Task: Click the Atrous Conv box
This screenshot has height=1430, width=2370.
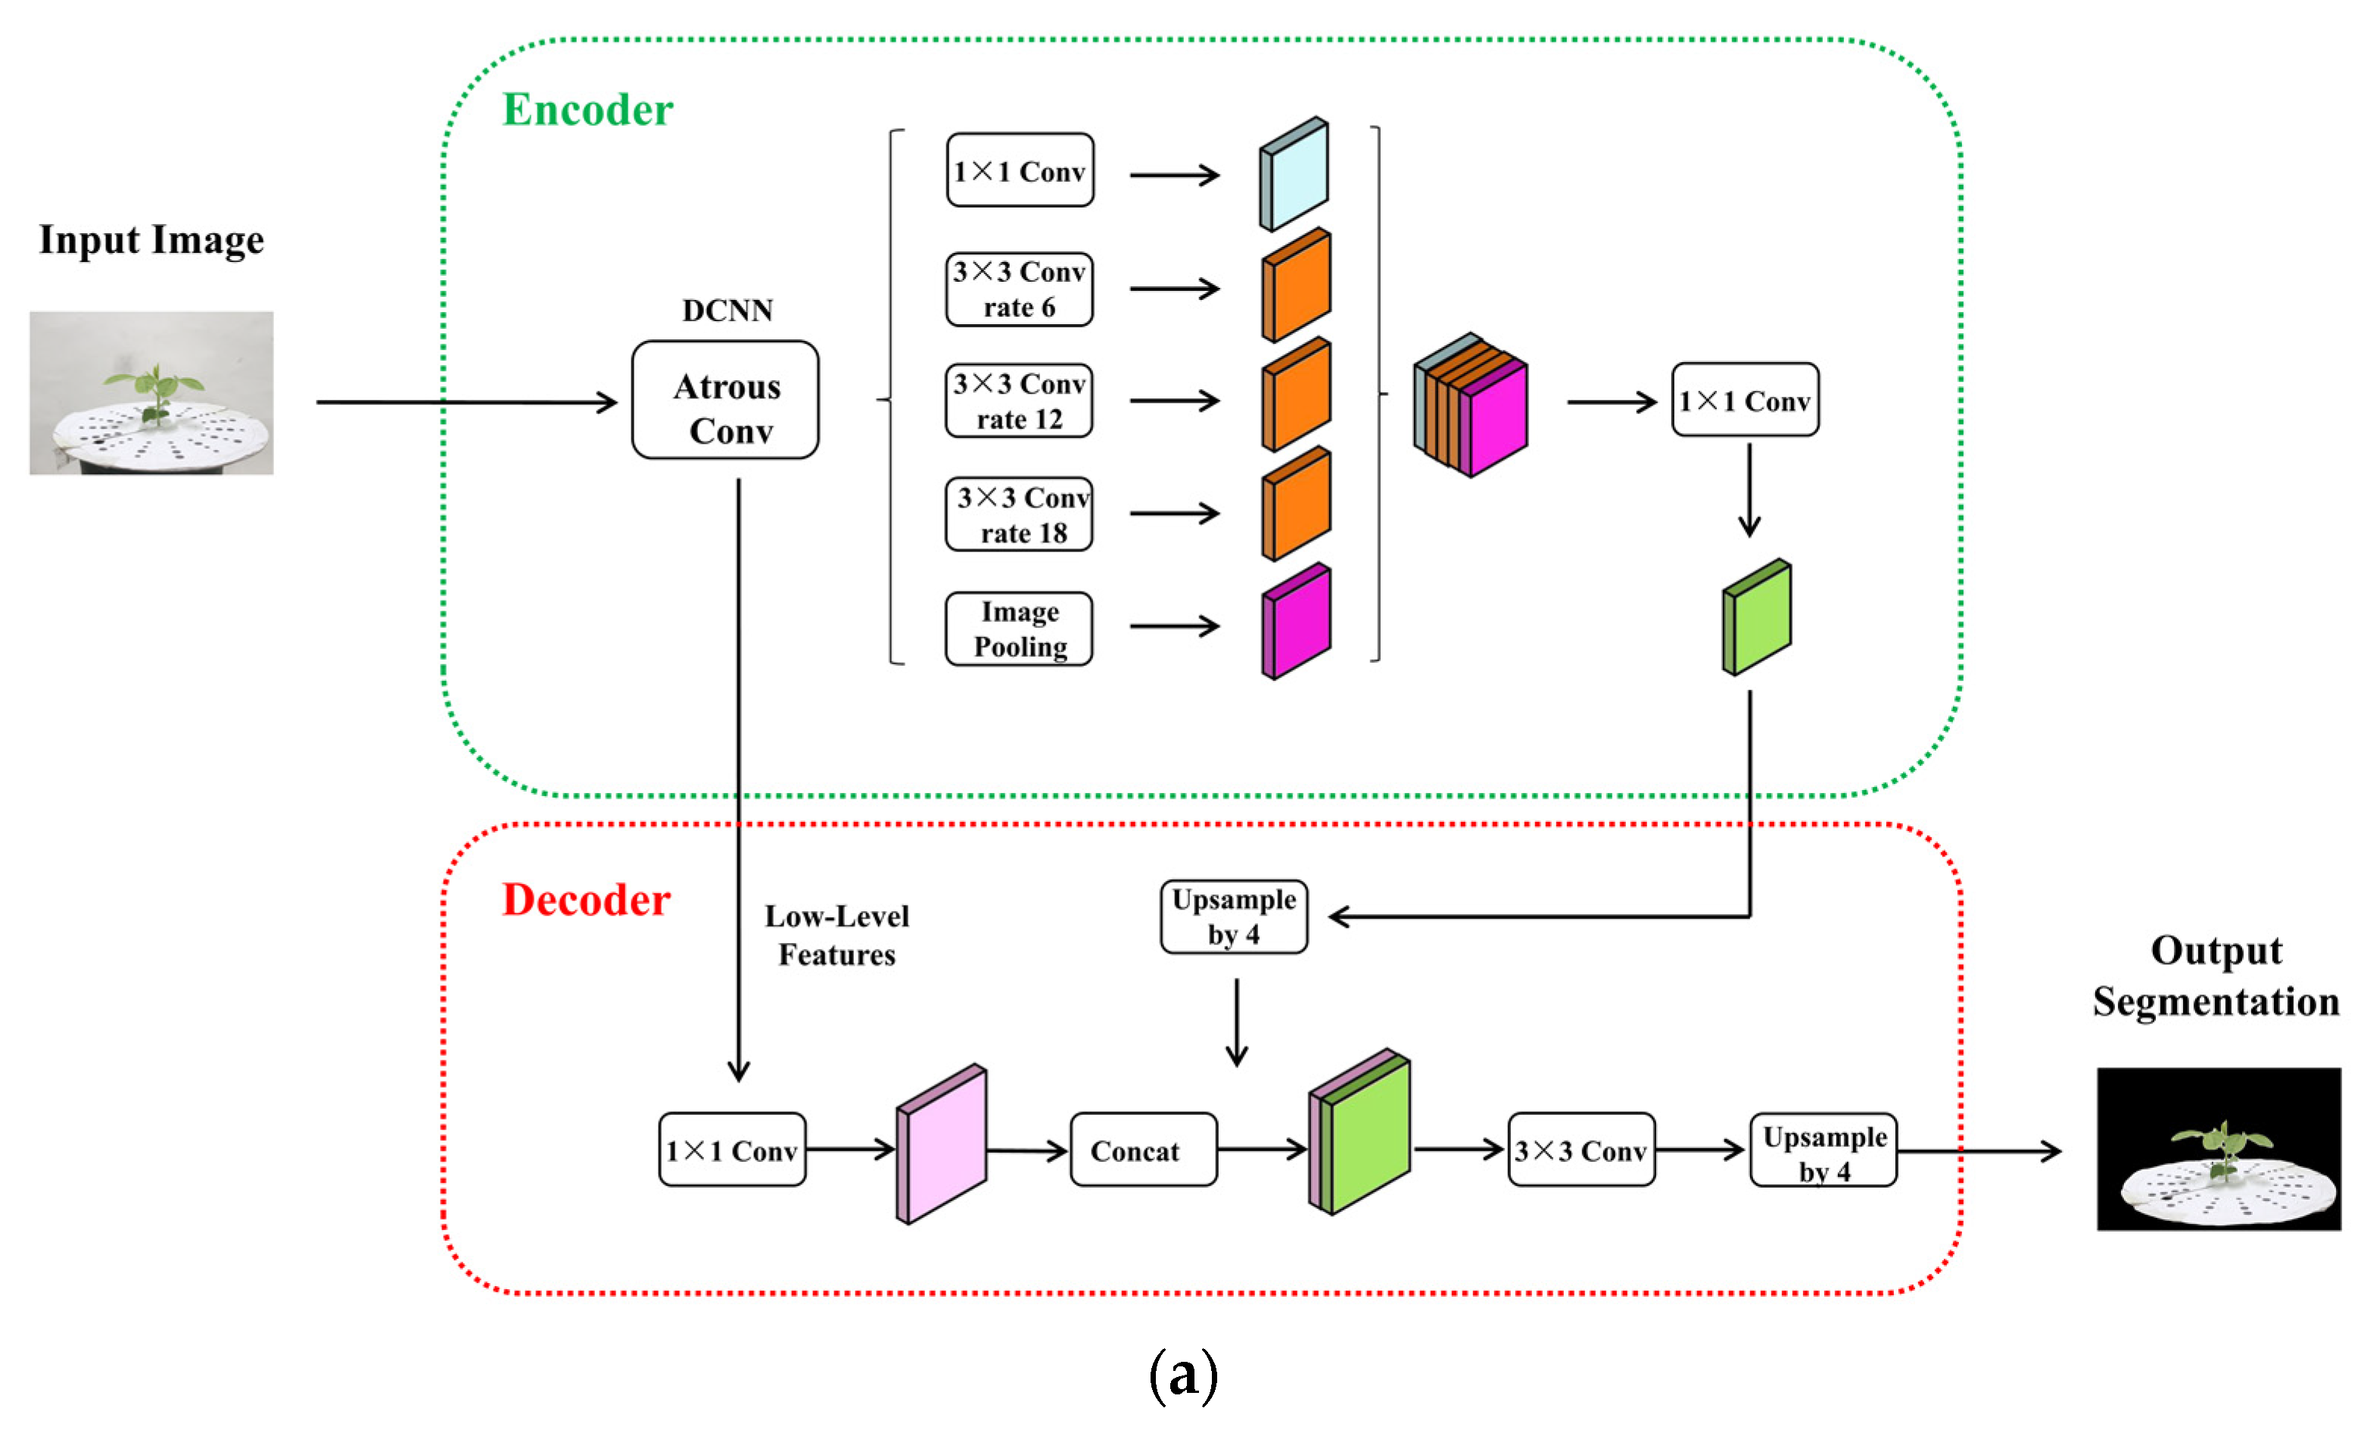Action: tap(725, 399)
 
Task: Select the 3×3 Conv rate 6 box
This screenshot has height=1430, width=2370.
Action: tap(1019, 289)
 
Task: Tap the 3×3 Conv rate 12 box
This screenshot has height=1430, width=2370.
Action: tap(1019, 401)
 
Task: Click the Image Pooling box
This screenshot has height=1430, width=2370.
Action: tap(1019, 629)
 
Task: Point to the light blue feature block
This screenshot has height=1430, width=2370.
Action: tap(1294, 174)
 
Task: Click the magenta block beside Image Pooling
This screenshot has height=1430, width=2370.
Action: tap(1297, 622)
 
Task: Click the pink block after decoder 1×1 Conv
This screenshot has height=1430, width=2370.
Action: tap(942, 1145)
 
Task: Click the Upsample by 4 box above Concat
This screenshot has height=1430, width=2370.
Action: tap(1233, 917)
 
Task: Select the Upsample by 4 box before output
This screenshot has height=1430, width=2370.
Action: tap(1823, 1151)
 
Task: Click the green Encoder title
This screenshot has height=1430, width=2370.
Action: tap(587, 110)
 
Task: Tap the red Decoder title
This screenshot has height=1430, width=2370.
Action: tap(586, 901)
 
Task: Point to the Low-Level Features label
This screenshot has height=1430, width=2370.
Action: tap(836, 935)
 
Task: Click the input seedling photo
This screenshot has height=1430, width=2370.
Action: tap(151, 392)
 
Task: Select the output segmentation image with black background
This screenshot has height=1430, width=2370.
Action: tap(2218, 1148)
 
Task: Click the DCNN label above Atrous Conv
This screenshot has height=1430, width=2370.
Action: tap(727, 310)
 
